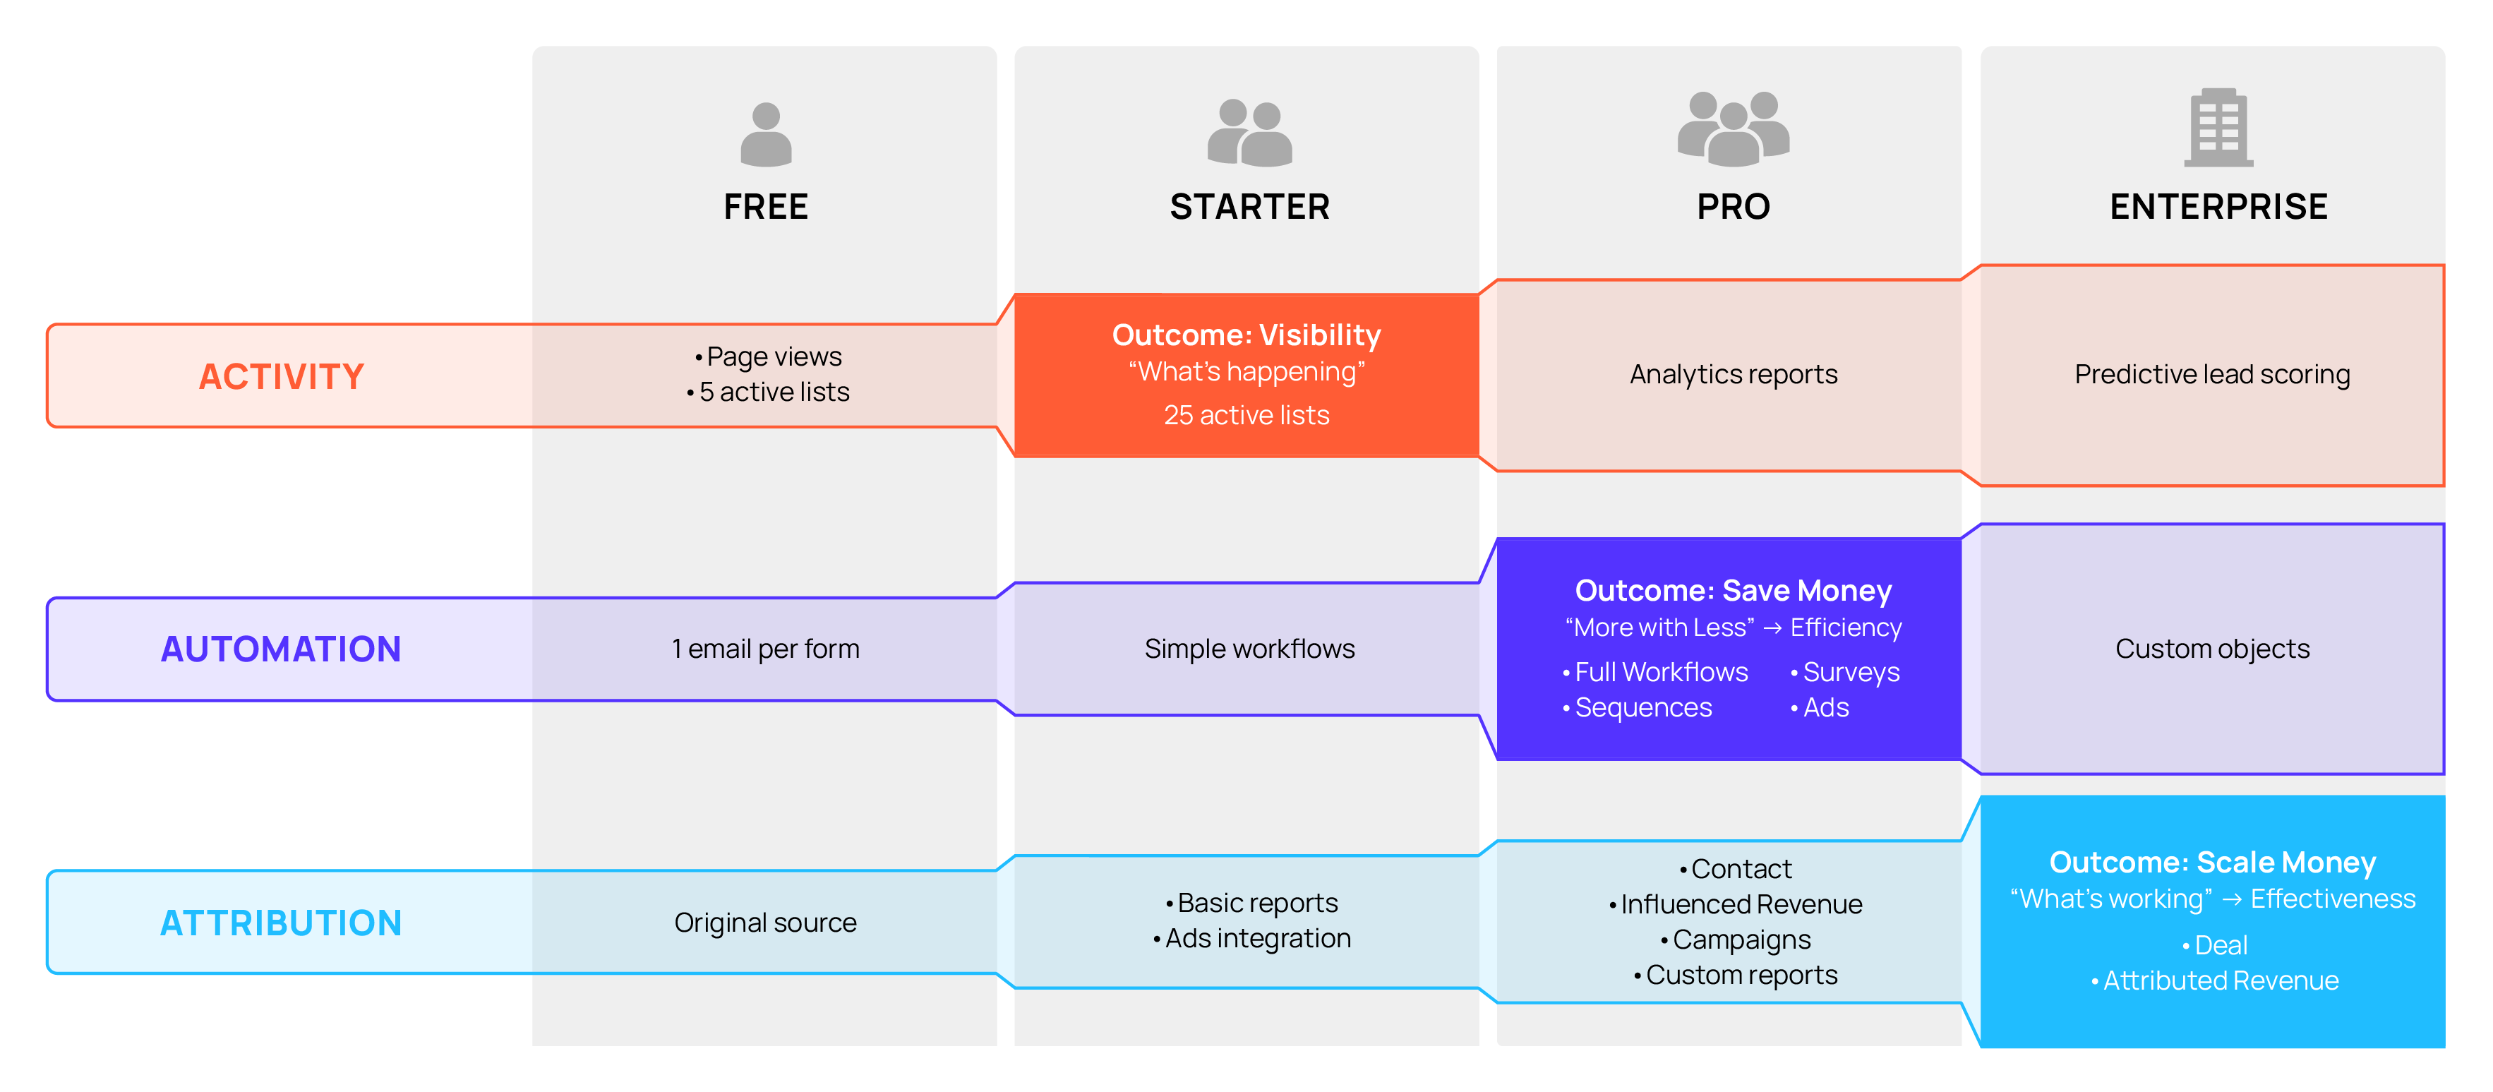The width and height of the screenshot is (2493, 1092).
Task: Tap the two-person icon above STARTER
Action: tap(1249, 133)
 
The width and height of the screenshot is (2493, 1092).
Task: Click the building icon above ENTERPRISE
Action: tap(2218, 128)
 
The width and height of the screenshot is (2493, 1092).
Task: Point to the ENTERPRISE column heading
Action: tap(2218, 207)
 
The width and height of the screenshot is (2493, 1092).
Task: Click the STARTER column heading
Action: tap(1249, 207)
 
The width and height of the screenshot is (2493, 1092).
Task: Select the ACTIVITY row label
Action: tap(282, 376)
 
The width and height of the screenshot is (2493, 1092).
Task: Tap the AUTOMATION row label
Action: tap(281, 649)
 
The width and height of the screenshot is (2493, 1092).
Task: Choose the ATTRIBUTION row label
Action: tap(281, 923)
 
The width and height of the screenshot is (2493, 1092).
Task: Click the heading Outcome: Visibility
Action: tap(1246, 335)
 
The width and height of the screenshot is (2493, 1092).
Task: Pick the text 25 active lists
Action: tap(1246, 415)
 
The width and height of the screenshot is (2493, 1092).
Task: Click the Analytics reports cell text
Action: tap(1734, 375)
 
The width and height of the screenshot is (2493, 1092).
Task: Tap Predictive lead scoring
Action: tap(2212, 375)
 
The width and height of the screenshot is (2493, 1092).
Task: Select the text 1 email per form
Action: tap(766, 649)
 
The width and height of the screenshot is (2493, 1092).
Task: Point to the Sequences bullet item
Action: tap(1642, 708)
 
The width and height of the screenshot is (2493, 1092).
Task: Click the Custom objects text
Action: tap(2212, 649)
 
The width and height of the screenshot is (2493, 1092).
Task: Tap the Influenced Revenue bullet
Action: tap(1740, 904)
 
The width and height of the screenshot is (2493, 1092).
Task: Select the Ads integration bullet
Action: tap(1256, 938)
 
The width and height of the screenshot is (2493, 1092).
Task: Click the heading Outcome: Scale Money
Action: tap(2212, 862)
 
